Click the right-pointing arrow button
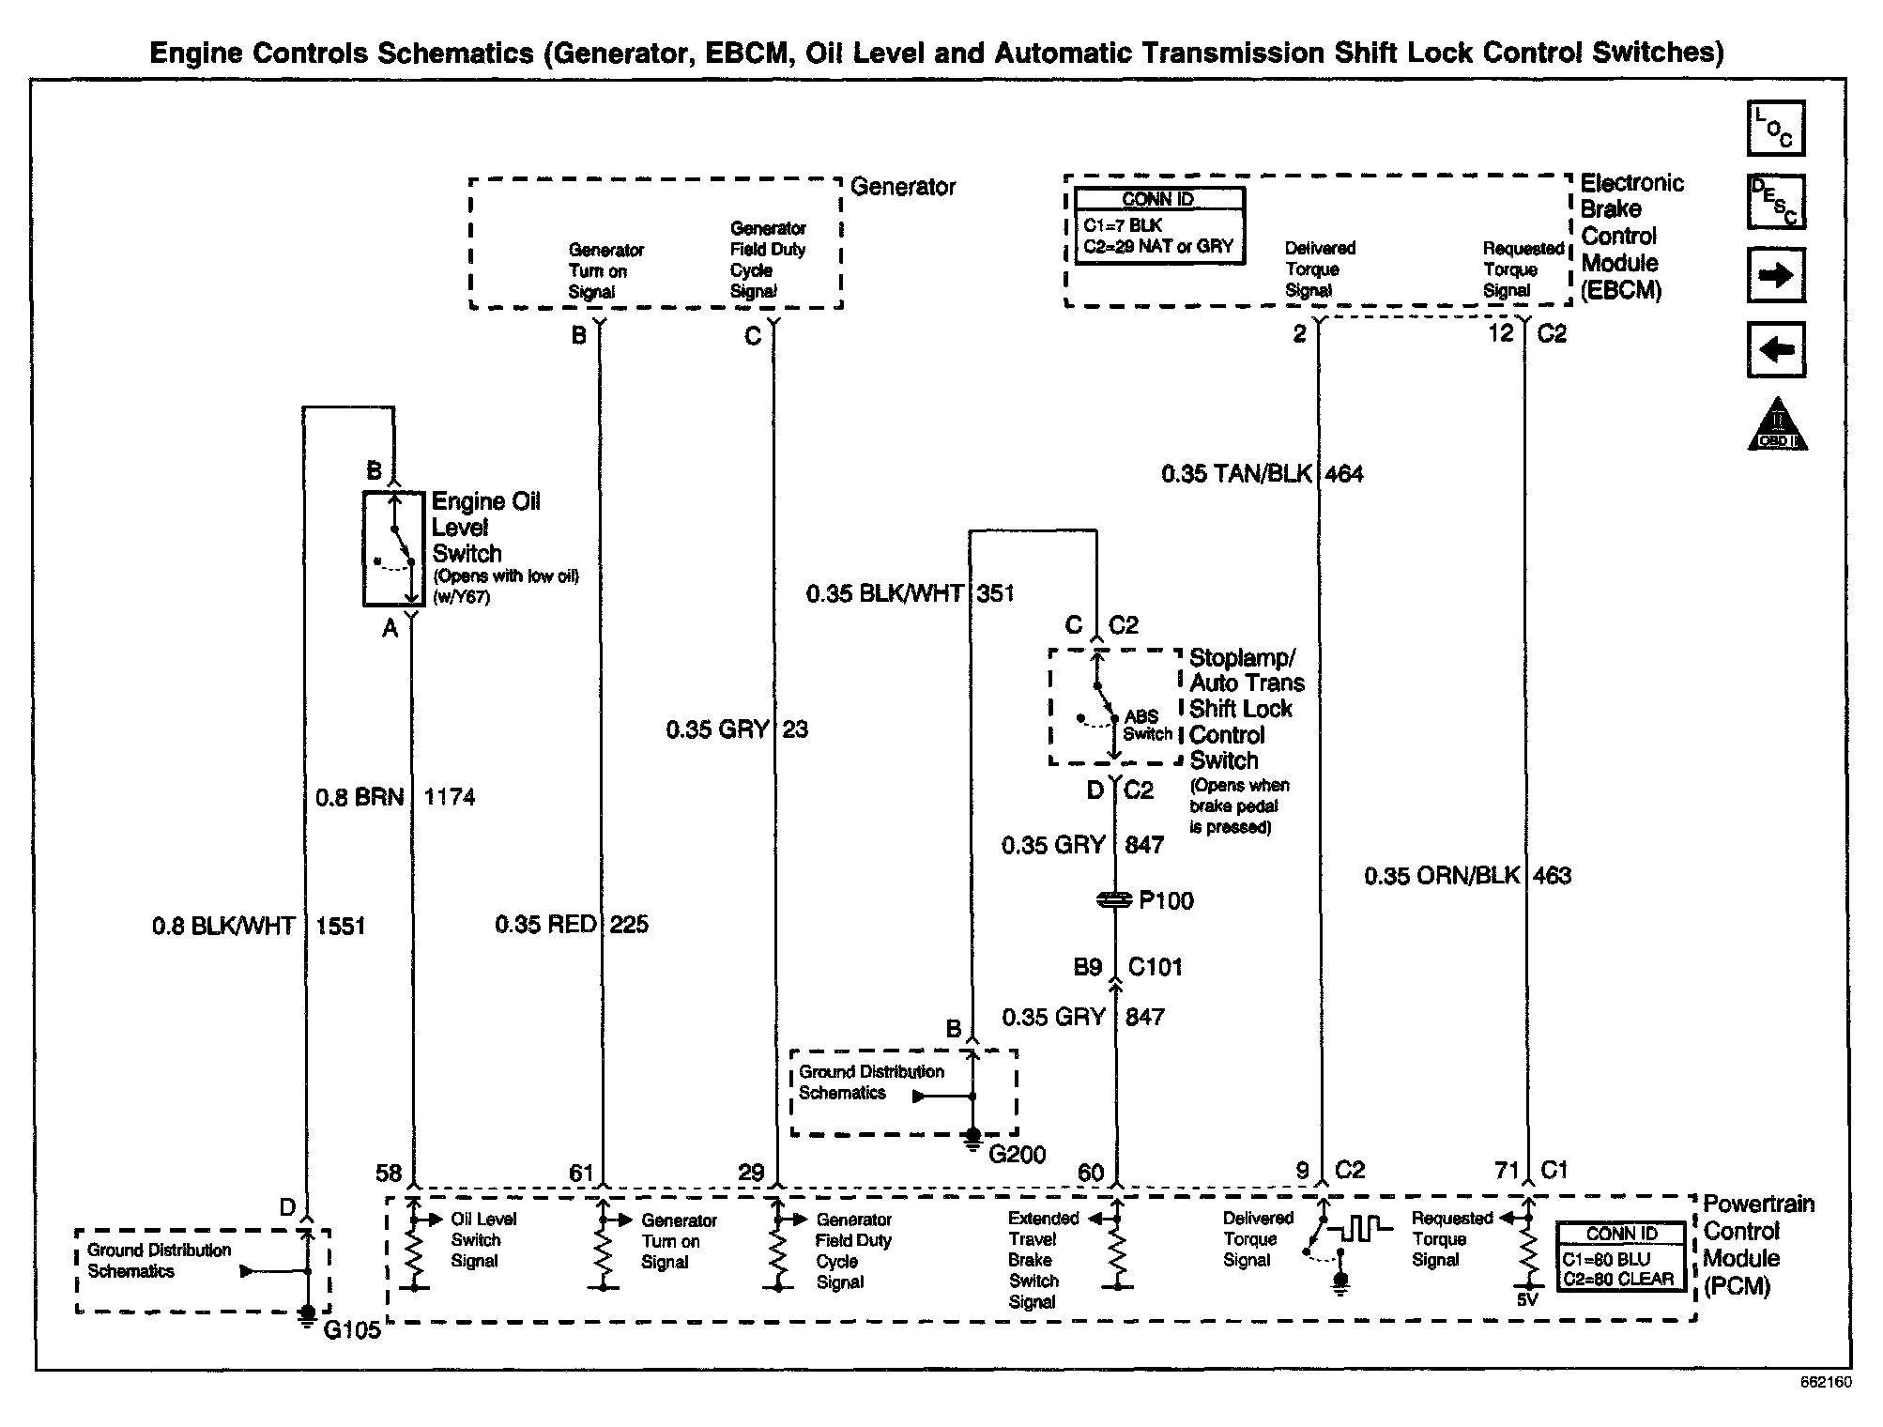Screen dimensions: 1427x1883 click(x=1775, y=276)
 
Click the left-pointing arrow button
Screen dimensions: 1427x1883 click(x=1775, y=350)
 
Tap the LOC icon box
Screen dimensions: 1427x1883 click(x=1775, y=129)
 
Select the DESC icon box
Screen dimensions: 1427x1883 click(x=1775, y=202)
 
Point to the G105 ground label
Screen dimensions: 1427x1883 click(x=352, y=1330)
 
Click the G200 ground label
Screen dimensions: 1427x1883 click(x=1017, y=1154)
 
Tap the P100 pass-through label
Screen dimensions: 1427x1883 click(x=1166, y=901)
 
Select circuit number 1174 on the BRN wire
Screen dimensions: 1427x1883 click(x=450, y=798)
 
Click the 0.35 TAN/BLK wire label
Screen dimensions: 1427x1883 click(x=1236, y=474)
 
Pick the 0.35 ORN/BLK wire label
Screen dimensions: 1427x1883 click(x=1442, y=876)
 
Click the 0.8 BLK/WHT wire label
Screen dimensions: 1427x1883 click(x=223, y=927)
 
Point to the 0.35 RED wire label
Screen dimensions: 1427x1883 click(x=545, y=925)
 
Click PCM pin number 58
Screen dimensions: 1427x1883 click(x=389, y=1173)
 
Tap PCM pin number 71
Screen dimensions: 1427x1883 click(x=1507, y=1171)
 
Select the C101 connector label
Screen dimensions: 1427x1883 click(x=1155, y=967)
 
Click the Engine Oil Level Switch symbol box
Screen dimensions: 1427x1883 click(x=394, y=548)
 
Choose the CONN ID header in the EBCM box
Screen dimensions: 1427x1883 click(x=1158, y=199)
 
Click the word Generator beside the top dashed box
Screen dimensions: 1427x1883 click(x=902, y=187)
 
